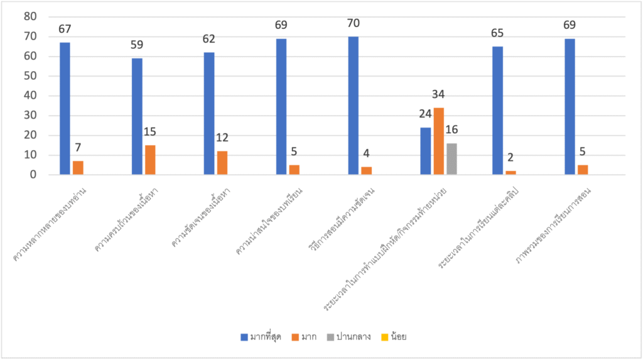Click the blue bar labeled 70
[354, 106]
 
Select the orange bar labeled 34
[438, 141]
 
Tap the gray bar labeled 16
[451, 159]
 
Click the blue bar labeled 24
[425, 151]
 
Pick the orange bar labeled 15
[150, 160]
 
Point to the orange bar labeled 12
[222, 163]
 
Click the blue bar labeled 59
[137, 116]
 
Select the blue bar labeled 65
[497, 111]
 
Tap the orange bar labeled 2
[511, 173]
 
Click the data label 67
[65, 29]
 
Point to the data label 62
[209, 39]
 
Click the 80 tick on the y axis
[29, 17]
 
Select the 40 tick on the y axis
[29, 96]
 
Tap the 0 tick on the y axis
[33, 175]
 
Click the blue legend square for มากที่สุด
[244, 337]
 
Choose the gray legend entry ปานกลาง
[348, 337]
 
